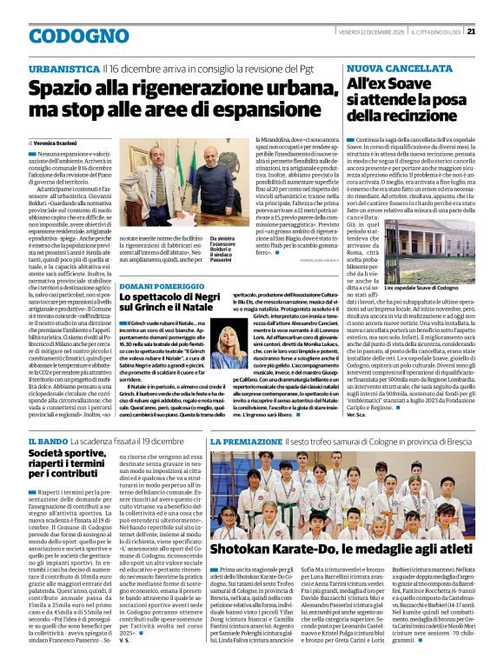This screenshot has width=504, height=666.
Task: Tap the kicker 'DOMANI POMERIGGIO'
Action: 162,286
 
